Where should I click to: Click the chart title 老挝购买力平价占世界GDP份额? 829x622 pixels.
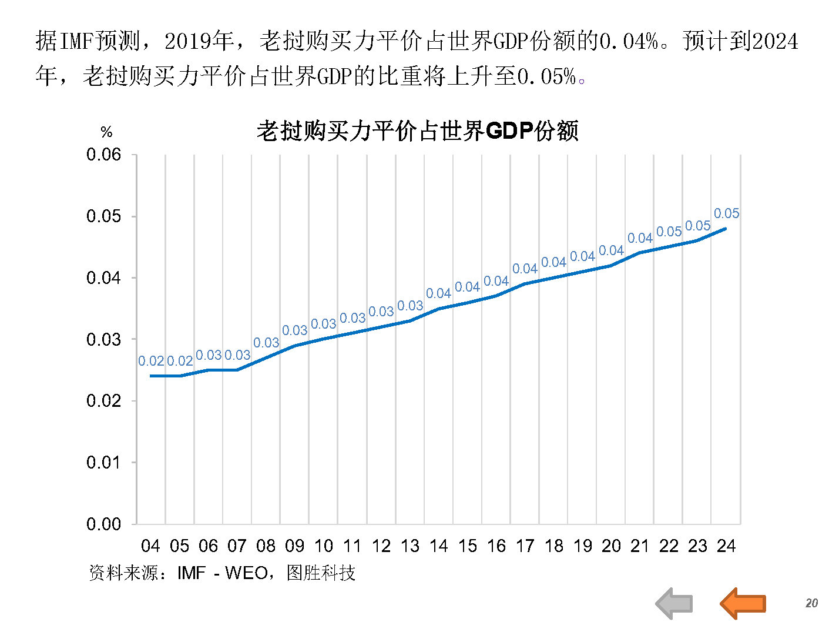(x=417, y=131)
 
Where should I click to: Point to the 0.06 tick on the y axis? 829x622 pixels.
(x=103, y=155)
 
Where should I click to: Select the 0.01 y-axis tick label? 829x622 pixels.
(x=103, y=463)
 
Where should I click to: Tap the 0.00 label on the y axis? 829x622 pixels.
(x=103, y=524)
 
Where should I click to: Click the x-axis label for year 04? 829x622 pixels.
(x=150, y=546)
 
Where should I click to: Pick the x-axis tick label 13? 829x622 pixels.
(x=410, y=546)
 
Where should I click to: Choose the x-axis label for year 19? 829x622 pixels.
(x=582, y=546)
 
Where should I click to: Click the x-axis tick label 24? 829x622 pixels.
(x=726, y=546)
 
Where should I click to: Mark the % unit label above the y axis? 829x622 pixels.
(x=106, y=132)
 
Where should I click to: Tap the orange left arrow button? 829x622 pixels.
(x=743, y=603)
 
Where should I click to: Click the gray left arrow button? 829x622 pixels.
(x=674, y=603)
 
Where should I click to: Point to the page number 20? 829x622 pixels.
(x=811, y=603)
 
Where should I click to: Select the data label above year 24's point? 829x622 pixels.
(x=726, y=213)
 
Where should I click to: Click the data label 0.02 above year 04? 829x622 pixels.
(x=150, y=361)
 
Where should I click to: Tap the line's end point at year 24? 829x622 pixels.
(x=726, y=228)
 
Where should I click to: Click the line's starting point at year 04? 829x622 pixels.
(x=151, y=376)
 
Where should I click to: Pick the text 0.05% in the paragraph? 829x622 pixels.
(x=546, y=76)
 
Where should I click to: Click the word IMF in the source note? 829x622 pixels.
(x=191, y=573)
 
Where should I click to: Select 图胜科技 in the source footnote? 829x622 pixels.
(x=321, y=573)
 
